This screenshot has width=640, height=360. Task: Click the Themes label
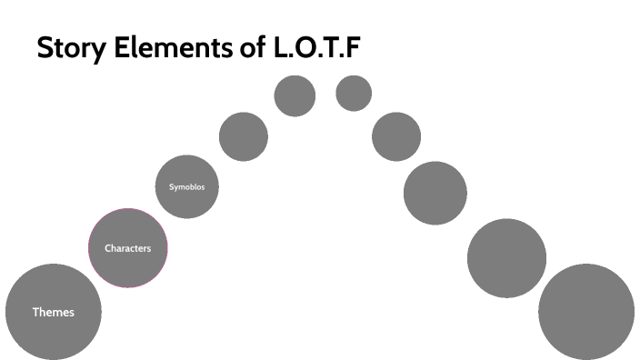coord(53,312)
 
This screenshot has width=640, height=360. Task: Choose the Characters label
coord(127,248)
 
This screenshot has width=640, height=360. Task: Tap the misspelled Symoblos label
coord(187,187)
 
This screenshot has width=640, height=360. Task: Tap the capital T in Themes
coord(36,312)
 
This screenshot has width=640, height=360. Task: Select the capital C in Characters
coord(108,248)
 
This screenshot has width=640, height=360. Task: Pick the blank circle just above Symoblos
coord(244,136)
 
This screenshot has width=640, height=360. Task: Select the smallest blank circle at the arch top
coord(354,93)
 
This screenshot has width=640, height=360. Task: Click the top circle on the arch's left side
coord(295,95)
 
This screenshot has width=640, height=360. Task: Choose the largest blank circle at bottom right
coord(586,311)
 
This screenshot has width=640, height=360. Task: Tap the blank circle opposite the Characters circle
coord(506,257)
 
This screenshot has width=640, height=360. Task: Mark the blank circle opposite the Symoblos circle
coord(435,193)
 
